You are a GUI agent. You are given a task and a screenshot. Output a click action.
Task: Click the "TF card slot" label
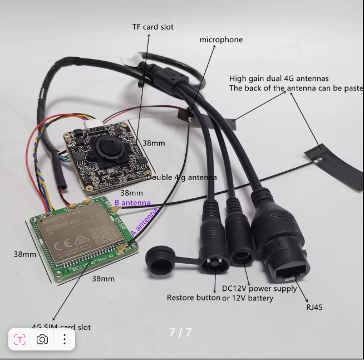(x=153, y=27)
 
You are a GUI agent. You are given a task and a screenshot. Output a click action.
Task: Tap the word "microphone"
(x=221, y=40)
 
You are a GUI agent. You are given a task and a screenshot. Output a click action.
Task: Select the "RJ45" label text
(x=314, y=307)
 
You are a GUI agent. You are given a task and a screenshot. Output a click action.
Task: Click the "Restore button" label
(x=193, y=298)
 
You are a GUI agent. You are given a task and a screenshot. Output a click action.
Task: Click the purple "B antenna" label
(x=132, y=203)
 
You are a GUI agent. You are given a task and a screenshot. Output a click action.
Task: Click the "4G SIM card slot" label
(x=61, y=327)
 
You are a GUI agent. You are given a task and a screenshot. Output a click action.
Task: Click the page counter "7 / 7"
(x=180, y=333)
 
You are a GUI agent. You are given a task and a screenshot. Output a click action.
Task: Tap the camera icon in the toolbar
(x=42, y=339)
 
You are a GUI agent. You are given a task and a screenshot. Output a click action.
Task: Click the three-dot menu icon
(x=65, y=339)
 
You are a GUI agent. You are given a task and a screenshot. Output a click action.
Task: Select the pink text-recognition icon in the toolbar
(x=19, y=339)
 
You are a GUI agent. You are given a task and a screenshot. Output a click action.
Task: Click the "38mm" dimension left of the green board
(x=25, y=254)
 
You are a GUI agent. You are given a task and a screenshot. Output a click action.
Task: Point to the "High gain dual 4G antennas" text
(x=279, y=79)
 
